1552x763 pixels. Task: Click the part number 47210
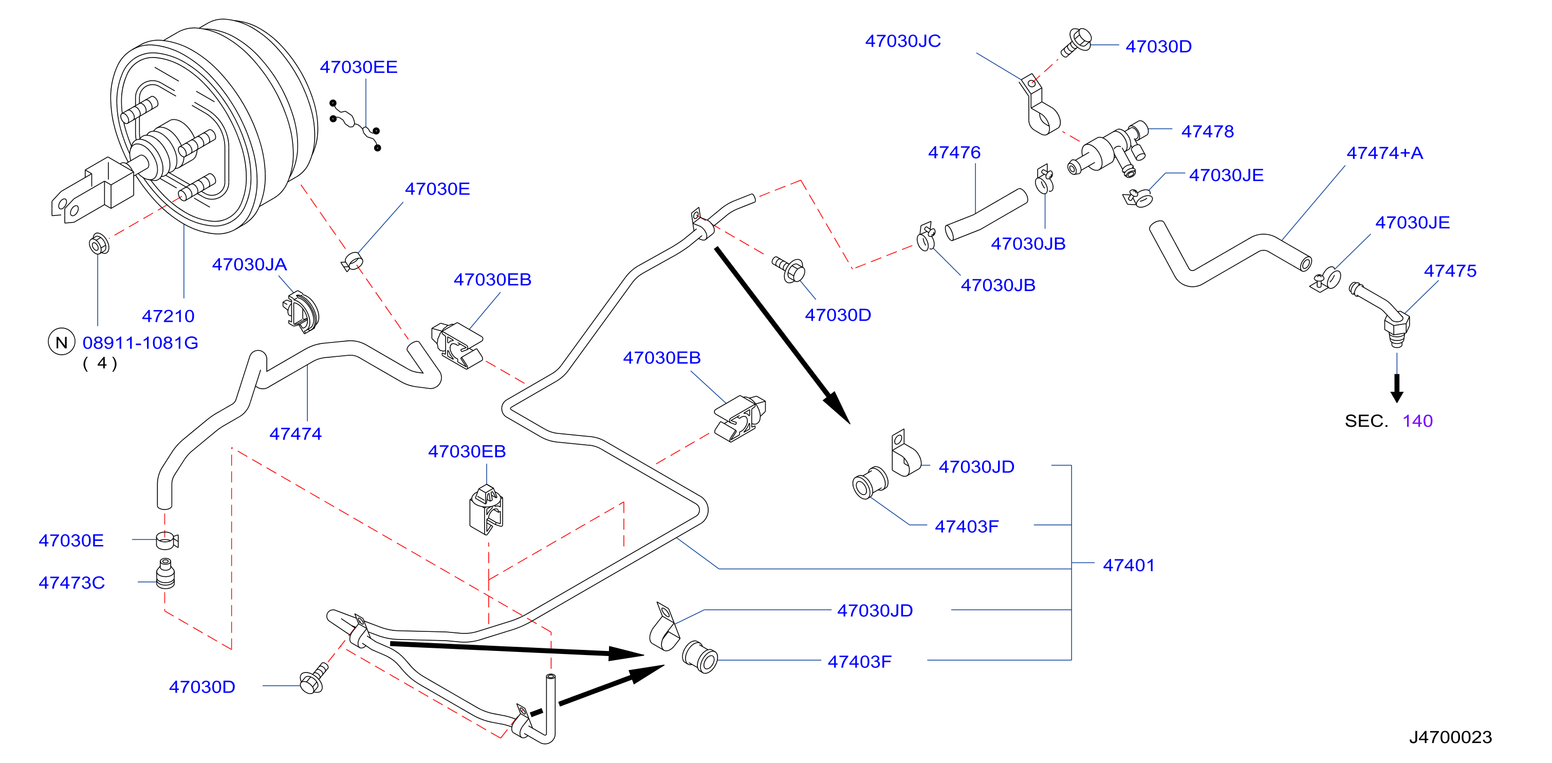point(168,316)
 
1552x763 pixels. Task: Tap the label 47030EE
point(359,67)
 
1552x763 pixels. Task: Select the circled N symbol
point(62,342)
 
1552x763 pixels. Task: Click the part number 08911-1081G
point(140,343)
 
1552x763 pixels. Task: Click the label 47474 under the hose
point(295,433)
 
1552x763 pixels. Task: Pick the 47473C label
point(72,583)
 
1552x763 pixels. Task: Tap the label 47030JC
point(902,41)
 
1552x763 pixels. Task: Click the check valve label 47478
point(1207,132)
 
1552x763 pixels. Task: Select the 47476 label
point(954,153)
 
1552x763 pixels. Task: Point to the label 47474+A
point(1384,153)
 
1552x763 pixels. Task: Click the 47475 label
point(1450,270)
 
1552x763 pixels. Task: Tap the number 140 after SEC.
point(1417,421)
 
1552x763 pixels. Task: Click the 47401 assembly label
point(1129,566)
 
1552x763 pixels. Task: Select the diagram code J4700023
point(1450,737)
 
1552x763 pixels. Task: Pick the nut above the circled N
point(99,244)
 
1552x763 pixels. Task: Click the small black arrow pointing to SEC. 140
point(1397,389)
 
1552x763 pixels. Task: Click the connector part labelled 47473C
point(165,574)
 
